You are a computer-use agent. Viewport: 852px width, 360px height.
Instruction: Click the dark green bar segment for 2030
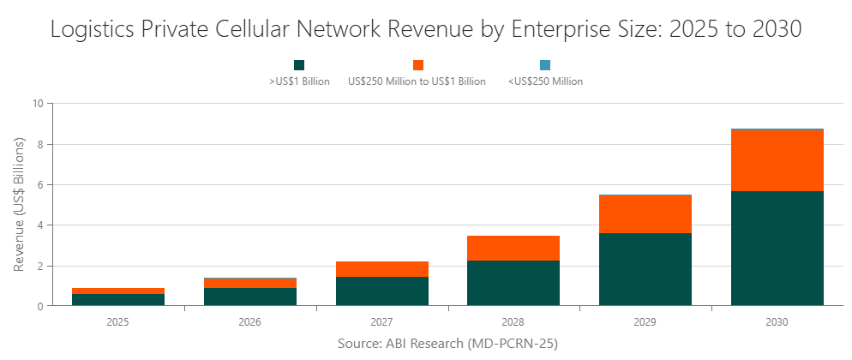(777, 248)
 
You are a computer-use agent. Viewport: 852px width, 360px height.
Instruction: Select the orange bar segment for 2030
(777, 160)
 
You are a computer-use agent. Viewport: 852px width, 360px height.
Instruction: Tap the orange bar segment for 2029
(645, 213)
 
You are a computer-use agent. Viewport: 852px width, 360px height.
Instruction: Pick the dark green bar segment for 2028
(513, 283)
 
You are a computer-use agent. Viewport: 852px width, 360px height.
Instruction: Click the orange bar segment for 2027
(381, 269)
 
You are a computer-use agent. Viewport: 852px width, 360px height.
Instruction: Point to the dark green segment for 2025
(118, 299)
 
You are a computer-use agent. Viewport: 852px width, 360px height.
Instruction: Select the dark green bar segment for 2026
(250, 297)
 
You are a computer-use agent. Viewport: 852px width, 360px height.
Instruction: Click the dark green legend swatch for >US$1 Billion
(299, 65)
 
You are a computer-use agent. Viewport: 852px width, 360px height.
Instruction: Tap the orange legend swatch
(418, 65)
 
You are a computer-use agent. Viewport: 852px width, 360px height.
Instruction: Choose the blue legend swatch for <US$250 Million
(545, 65)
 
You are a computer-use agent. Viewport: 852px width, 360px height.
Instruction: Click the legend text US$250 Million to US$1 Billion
(417, 81)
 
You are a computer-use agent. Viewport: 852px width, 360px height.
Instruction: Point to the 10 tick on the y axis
(37, 104)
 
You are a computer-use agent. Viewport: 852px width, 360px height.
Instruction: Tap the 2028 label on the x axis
(513, 322)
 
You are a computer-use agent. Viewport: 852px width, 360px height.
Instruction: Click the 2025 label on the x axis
(118, 322)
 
